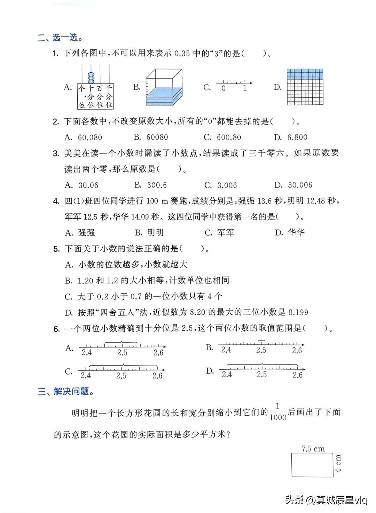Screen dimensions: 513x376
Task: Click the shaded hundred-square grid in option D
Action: [305, 87]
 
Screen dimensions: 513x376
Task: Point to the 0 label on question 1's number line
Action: [224, 89]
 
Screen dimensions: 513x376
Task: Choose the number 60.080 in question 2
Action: [90, 137]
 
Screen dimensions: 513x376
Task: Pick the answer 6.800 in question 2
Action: [297, 137]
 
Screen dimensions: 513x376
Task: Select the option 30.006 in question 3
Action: [300, 185]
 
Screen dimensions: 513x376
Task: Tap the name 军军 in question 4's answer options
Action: [226, 233]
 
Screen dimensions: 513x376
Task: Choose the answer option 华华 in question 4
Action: [296, 233]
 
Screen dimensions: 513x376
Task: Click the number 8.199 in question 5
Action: [298, 312]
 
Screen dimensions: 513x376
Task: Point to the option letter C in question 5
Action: [69, 297]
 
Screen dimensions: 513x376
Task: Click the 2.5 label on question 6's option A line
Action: [122, 353]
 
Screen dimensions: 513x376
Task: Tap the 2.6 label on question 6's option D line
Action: [298, 375]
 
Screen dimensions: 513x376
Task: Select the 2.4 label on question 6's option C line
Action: [86, 376]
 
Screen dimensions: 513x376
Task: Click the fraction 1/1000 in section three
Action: [278, 412]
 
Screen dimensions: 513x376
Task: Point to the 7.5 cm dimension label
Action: [313, 449]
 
